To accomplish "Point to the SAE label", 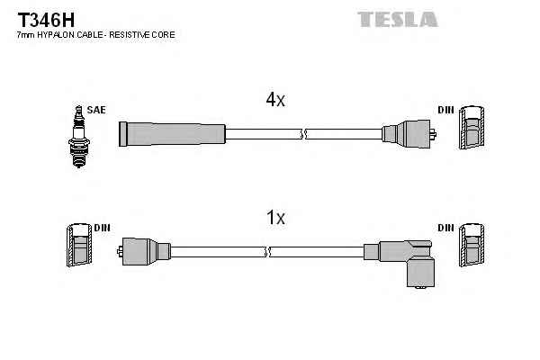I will click(x=96, y=110).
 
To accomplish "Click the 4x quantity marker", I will click(x=274, y=101).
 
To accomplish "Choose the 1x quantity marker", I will click(x=274, y=217).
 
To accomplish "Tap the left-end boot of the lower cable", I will click(x=144, y=251).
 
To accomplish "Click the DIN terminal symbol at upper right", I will click(x=472, y=131).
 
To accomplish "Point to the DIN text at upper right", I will click(x=445, y=110).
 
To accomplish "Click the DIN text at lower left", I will click(x=102, y=228).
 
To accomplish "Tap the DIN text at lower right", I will click(x=445, y=228).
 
